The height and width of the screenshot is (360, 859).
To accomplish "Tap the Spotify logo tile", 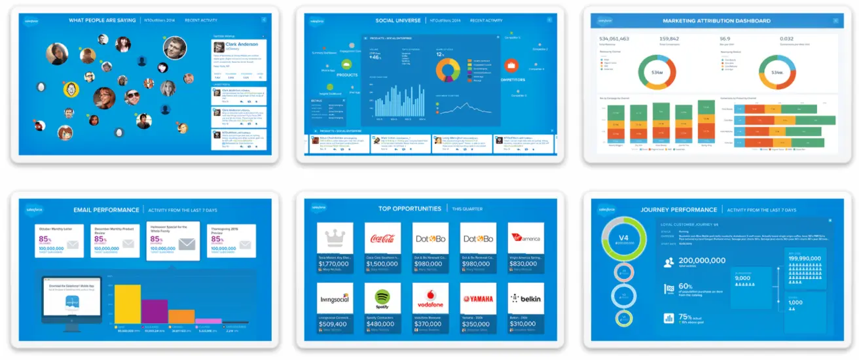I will (382, 298).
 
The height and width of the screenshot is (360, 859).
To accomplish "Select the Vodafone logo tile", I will (430, 298).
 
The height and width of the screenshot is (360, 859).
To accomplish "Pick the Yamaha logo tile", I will (478, 299).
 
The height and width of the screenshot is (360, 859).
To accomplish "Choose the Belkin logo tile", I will (526, 298).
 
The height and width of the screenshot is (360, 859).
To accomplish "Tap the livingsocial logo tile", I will (335, 298).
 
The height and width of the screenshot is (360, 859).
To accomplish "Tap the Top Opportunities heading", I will (410, 209).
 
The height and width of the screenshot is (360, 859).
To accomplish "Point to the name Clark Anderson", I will (242, 45).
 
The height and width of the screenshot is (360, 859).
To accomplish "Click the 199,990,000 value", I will (804, 258).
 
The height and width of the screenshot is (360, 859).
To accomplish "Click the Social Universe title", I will (398, 20).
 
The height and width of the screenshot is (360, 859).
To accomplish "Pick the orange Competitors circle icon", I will (511, 65).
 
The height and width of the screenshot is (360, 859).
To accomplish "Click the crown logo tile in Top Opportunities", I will (335, 239).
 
